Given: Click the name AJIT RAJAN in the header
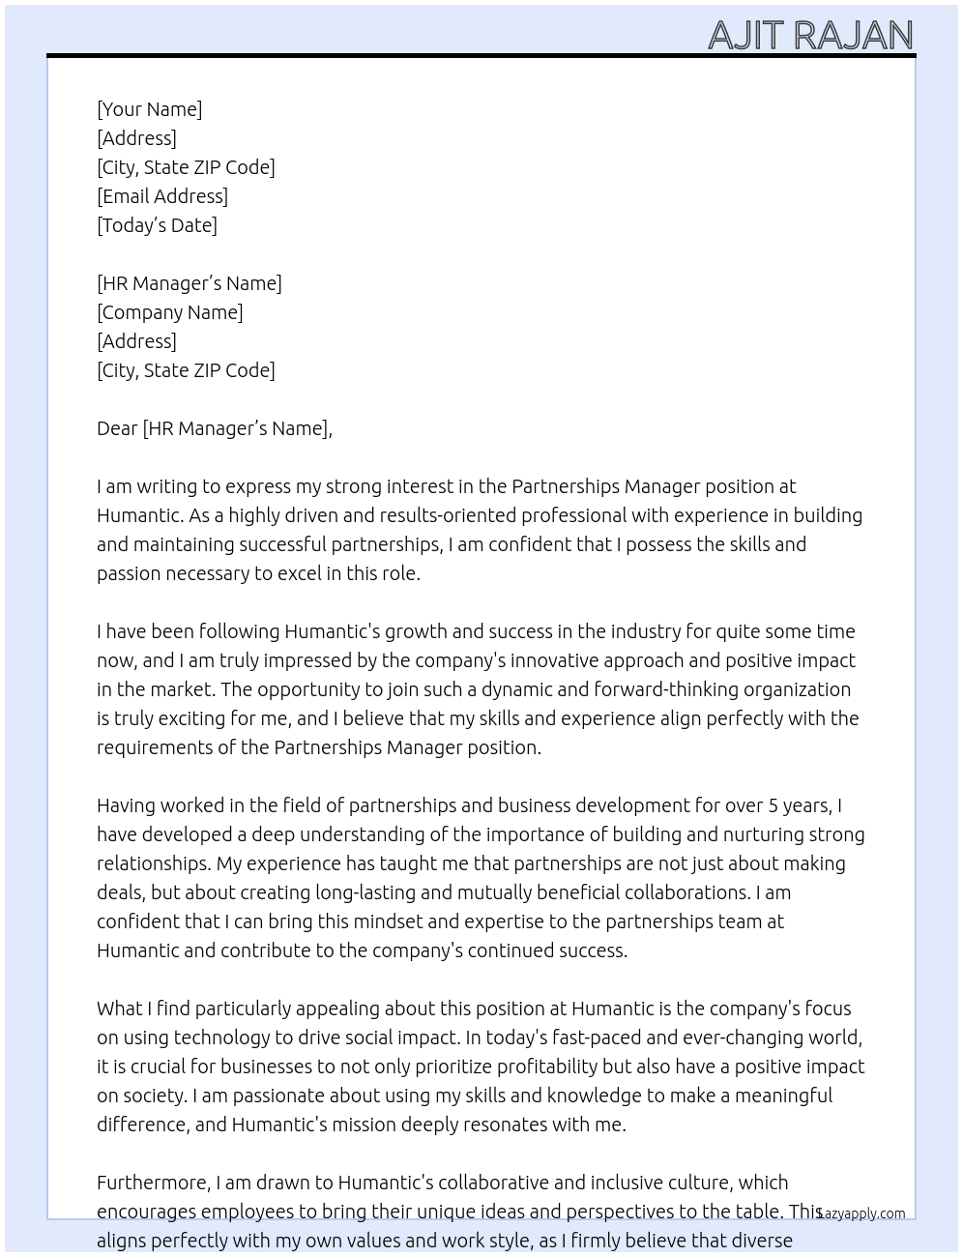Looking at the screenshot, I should (x=810, y=35).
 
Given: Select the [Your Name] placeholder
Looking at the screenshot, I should (x=150, y=109).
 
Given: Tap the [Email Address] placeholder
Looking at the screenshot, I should (x=162, y=196).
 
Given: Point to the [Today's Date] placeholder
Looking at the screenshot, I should (x=157, y=225).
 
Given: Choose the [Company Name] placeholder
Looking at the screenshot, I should (x=170, y=312).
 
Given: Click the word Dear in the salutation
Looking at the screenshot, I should (x=117, y=428).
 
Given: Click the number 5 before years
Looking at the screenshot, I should (x=773, y=805).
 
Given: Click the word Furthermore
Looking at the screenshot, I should (x=153, y=1183).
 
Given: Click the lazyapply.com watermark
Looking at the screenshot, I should (x=861, y=1213).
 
